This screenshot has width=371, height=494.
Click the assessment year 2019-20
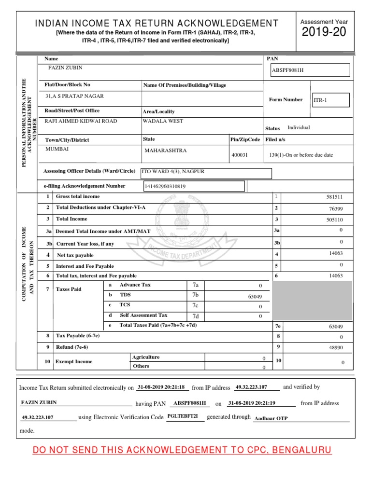pos(324,33)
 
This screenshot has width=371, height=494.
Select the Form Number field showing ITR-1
pos(330,100)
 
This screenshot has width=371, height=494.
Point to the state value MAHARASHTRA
pos(165,151)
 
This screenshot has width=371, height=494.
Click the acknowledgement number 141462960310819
pos(165,186)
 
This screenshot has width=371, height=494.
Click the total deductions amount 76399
pos(336,208)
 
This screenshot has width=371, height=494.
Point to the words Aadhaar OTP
pos(271,419)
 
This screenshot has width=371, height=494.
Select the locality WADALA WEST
pos(163,121)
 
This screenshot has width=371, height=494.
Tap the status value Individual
pos(299,128)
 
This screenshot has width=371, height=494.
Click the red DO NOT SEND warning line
pos(182,451)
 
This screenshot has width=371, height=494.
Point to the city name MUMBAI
pos(57,149)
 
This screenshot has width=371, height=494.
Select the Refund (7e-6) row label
pos(72,347)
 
